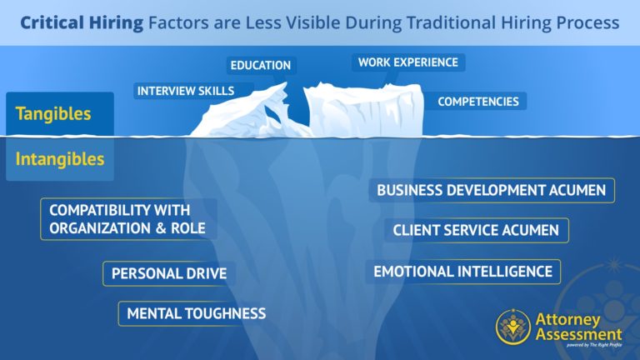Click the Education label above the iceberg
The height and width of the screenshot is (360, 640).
click(x=261, y=65)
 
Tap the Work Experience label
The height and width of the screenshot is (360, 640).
click(x=408, y=62)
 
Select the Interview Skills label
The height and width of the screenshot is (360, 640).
click(x=186, y=91)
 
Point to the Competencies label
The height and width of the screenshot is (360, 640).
click(x=478, y=101)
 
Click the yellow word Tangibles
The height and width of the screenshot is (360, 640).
click(x=53, y=113)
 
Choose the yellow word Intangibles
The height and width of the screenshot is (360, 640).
click(x=60, y=159)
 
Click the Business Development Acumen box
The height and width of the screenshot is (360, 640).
click(x=492, y=190)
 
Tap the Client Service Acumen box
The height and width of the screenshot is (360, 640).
click(x=477, y=230)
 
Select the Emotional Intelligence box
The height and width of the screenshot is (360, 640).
click(x=463, y=272)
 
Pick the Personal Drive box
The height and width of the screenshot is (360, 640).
click(x=169, y=273)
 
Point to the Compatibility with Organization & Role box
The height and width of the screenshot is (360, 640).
click(x=128, y=219)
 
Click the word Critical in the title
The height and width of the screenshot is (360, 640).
click(x=52, y=22)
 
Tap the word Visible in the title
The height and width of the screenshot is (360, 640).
click(x=313, y=22)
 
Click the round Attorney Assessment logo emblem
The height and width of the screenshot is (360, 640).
click(x=513, y=327)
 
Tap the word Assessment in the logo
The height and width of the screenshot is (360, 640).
click(x=579, y=334)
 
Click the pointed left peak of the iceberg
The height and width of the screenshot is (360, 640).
click(x=284, y=84)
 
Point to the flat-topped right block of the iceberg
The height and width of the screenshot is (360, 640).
click(x=363, y=109)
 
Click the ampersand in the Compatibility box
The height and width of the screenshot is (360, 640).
click(x=161, y=228)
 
